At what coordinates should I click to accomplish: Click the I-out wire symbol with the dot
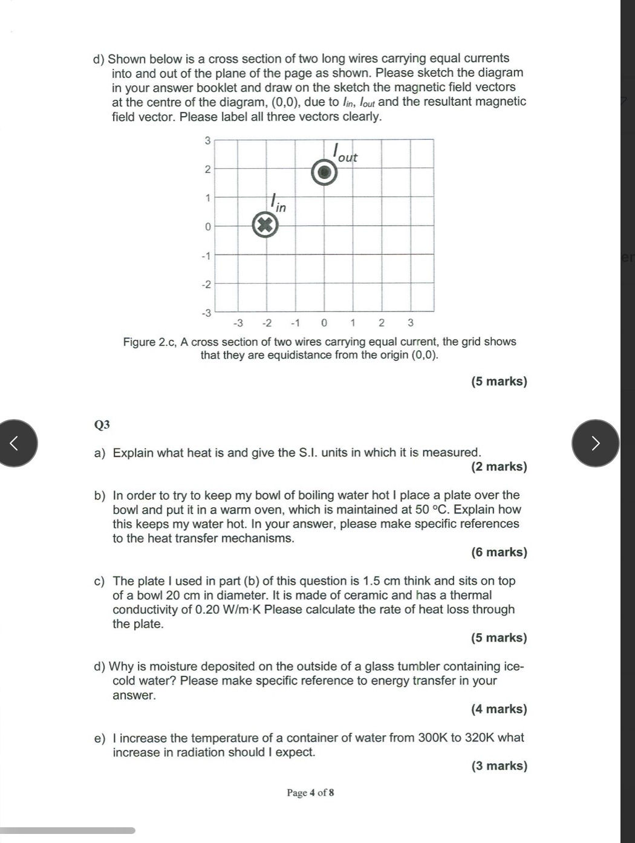point(324,173)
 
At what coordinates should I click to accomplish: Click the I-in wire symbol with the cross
point(265,226)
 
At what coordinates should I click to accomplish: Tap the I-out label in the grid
point(345,154)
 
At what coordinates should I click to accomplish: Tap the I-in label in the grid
point(278,203)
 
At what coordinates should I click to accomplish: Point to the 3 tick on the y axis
point(207,140)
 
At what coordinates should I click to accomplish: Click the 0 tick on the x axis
point(324,322)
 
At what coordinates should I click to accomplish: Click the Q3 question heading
point(102,425)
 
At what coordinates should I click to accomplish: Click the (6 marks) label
point(499,552)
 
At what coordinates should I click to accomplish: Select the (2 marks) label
point(499,466)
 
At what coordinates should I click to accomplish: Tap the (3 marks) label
point(499,766)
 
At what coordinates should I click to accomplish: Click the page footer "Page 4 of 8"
point(310,792)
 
